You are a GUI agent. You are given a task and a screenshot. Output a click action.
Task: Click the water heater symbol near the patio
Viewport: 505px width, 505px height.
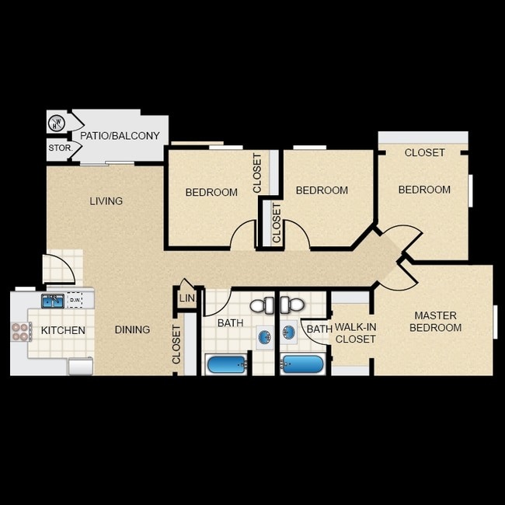pos(57,122)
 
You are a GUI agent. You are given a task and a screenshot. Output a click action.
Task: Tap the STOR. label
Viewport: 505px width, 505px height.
pos(60,148)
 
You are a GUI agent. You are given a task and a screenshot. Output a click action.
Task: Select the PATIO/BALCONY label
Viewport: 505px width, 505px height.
pos(120,136)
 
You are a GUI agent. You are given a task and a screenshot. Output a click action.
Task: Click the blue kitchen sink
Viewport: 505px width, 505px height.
pos(52,300)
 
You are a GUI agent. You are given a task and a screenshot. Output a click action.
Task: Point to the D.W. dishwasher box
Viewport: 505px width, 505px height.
pos(75,300)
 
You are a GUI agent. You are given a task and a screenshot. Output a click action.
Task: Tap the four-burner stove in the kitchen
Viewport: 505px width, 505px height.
pos(19,332)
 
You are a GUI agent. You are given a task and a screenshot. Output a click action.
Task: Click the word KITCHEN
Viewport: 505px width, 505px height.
pos(63,331)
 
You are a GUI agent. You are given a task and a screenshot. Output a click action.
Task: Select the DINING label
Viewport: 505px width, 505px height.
pos(132,329)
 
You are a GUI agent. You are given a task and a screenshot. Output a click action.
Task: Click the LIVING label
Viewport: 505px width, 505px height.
pos(106,201)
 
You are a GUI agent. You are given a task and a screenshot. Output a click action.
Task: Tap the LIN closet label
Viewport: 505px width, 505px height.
pos(186,298)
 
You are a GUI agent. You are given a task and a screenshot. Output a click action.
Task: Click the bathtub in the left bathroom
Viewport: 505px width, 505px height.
pos(225,364)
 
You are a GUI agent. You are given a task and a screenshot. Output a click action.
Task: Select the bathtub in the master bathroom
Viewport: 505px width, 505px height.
pos(302,364)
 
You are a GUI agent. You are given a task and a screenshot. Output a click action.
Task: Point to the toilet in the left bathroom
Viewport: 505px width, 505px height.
pos(263,305)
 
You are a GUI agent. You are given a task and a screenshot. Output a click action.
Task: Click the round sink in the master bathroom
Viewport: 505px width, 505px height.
pos(289,333)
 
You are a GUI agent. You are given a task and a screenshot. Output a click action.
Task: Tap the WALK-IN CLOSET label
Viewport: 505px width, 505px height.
pos(355,333)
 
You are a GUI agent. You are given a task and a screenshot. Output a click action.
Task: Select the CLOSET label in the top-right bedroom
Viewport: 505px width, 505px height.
pos(425,153)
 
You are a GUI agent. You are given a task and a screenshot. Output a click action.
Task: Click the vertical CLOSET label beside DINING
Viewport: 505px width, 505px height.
pos(176,344)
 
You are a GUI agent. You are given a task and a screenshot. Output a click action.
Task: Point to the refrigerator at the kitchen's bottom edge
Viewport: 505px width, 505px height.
pos(80,367)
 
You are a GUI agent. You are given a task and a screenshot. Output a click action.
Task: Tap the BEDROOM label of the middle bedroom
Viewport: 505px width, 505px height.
pos(322,190)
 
